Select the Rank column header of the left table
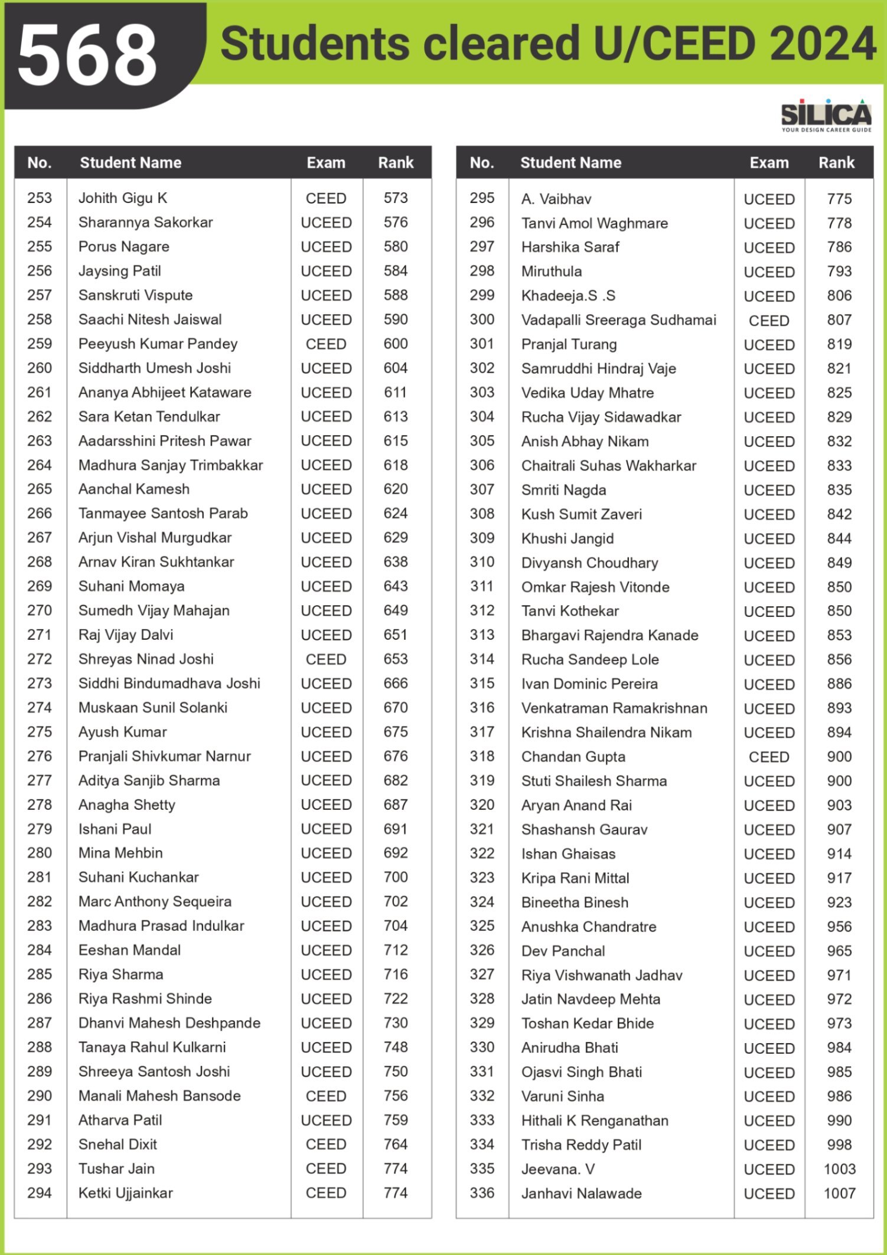(396, 162)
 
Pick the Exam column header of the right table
(769, 162)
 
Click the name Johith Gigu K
(123, 198)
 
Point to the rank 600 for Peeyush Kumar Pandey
(396, 344)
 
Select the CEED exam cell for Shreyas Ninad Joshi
(326, 659)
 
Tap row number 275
(40, 731)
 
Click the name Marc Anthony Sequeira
(155, 901)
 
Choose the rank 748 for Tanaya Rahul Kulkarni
(396, 1047)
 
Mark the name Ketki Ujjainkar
(126, 1192)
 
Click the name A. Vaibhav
(556, 199)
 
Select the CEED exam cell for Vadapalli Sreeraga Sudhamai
(769, 321)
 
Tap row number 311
(482, 586)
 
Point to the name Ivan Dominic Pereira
(589, 684)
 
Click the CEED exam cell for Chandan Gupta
(769, 757)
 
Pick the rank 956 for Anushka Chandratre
(839, 926)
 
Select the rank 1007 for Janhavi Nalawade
(839, 1193)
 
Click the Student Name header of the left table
(131, 162)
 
